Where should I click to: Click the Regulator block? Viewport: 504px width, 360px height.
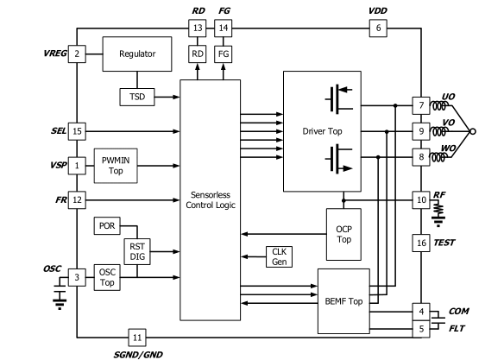click(137, 54)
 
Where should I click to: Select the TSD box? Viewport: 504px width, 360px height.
click(137, 97)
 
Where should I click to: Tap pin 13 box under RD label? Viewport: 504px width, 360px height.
click(197, 28)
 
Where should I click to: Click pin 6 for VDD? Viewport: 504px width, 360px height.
click(378, 28)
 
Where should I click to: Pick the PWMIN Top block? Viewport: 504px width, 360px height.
click(116, 166)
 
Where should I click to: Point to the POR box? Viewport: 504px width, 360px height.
click(107, 226)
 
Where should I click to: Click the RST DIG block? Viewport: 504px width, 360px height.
click(137, 252)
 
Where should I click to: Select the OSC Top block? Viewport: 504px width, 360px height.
click(107, 277)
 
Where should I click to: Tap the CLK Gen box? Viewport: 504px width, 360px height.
click(279, 256)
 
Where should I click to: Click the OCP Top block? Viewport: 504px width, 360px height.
click(343, 234)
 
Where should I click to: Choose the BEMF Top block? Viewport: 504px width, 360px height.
click(343, 301)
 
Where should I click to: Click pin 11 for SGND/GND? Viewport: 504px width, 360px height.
click(137, 338)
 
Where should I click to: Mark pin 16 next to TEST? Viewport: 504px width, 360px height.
click(421, 243)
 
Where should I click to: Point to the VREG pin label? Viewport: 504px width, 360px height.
click(55, 54)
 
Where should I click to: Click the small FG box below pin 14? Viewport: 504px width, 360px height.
click(223, 54)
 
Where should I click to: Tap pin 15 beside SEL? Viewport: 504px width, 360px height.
click(77, 131)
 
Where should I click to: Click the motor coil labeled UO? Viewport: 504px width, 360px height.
click(438, 105)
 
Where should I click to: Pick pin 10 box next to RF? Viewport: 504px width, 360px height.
click(421, 200)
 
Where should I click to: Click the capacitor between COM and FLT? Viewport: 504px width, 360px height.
click(438, 320)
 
